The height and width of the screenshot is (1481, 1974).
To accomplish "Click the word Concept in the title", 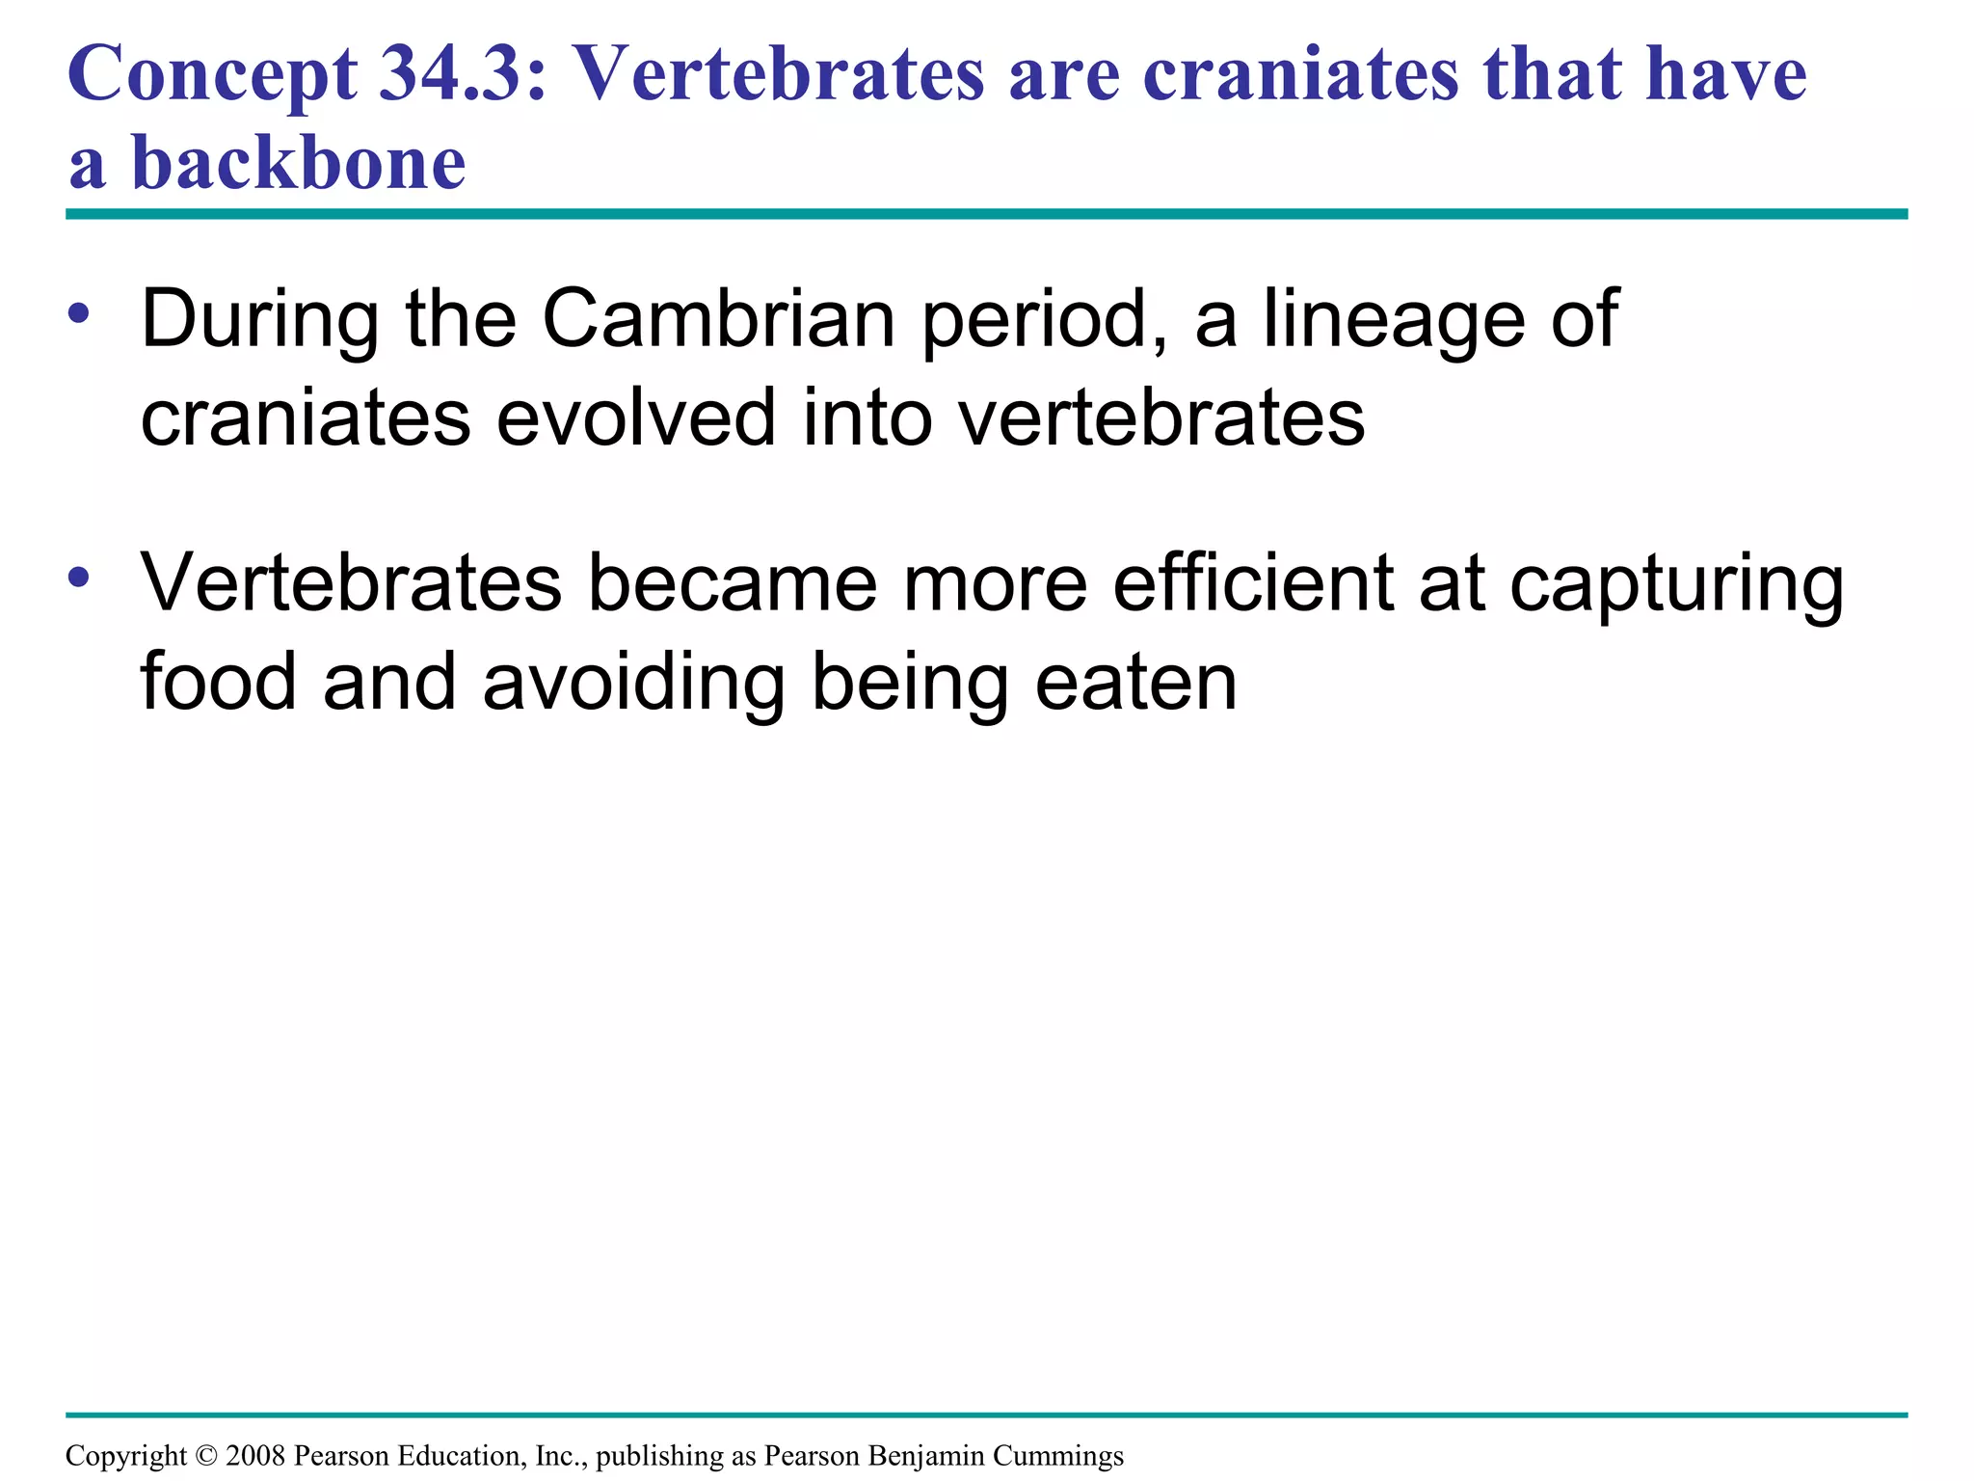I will [212, 75].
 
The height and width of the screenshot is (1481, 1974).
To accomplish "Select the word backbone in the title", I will [299, 162].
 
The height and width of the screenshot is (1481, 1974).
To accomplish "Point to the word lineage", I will [1394, 322].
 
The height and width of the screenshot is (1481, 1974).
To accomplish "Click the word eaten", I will [1136, 683].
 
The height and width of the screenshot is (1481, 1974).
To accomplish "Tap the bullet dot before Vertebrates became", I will [79, 577].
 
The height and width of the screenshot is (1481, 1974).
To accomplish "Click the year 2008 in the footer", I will [255, 1455].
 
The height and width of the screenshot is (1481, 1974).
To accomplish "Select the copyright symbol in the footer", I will [206, 1455].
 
